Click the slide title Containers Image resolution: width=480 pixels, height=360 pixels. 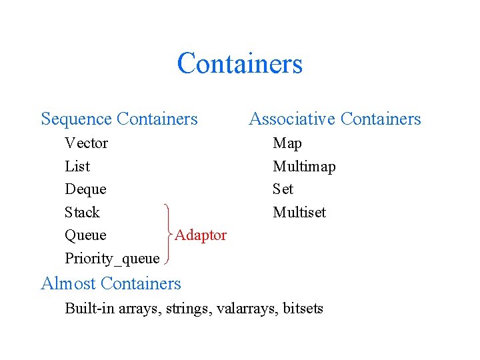pyautogui.click(x=240, y=64)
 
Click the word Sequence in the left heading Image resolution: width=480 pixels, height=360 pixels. pyautogui.click(x=76, y=119)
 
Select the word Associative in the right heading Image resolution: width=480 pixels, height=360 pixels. pyautogui.click(x=291, y=119)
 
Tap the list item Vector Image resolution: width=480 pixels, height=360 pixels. pyautogui.click(x=86, y=143)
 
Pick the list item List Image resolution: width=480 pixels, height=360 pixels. pyautogui.click(x=77, y=167)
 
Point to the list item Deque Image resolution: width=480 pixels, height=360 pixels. pyautogui.click(x=85, y=189)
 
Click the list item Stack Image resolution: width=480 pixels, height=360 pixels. pyautogui.click(x=82, y=213)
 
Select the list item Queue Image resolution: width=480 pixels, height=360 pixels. pyautogui.click(x=85, y=235)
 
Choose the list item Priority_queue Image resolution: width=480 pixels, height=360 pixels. pyautogui.click(x=112, y=259)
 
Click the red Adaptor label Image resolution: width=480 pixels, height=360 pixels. pyautogui.click(x=201, y=235)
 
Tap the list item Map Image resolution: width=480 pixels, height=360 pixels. pyautogui.click(x=287, y=143)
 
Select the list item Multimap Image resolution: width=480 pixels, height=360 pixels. pyautogui.click(x=304, y=167)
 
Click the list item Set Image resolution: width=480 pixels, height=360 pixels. pyautogui.click(x=283, y=189)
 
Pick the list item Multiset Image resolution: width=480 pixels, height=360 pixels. pyautogui.click(x=299, y=213)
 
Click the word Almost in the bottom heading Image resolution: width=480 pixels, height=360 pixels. pyautogui.click(x=69, y=284)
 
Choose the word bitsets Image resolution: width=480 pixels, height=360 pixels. pyautogui.click(x=303, y=309)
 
